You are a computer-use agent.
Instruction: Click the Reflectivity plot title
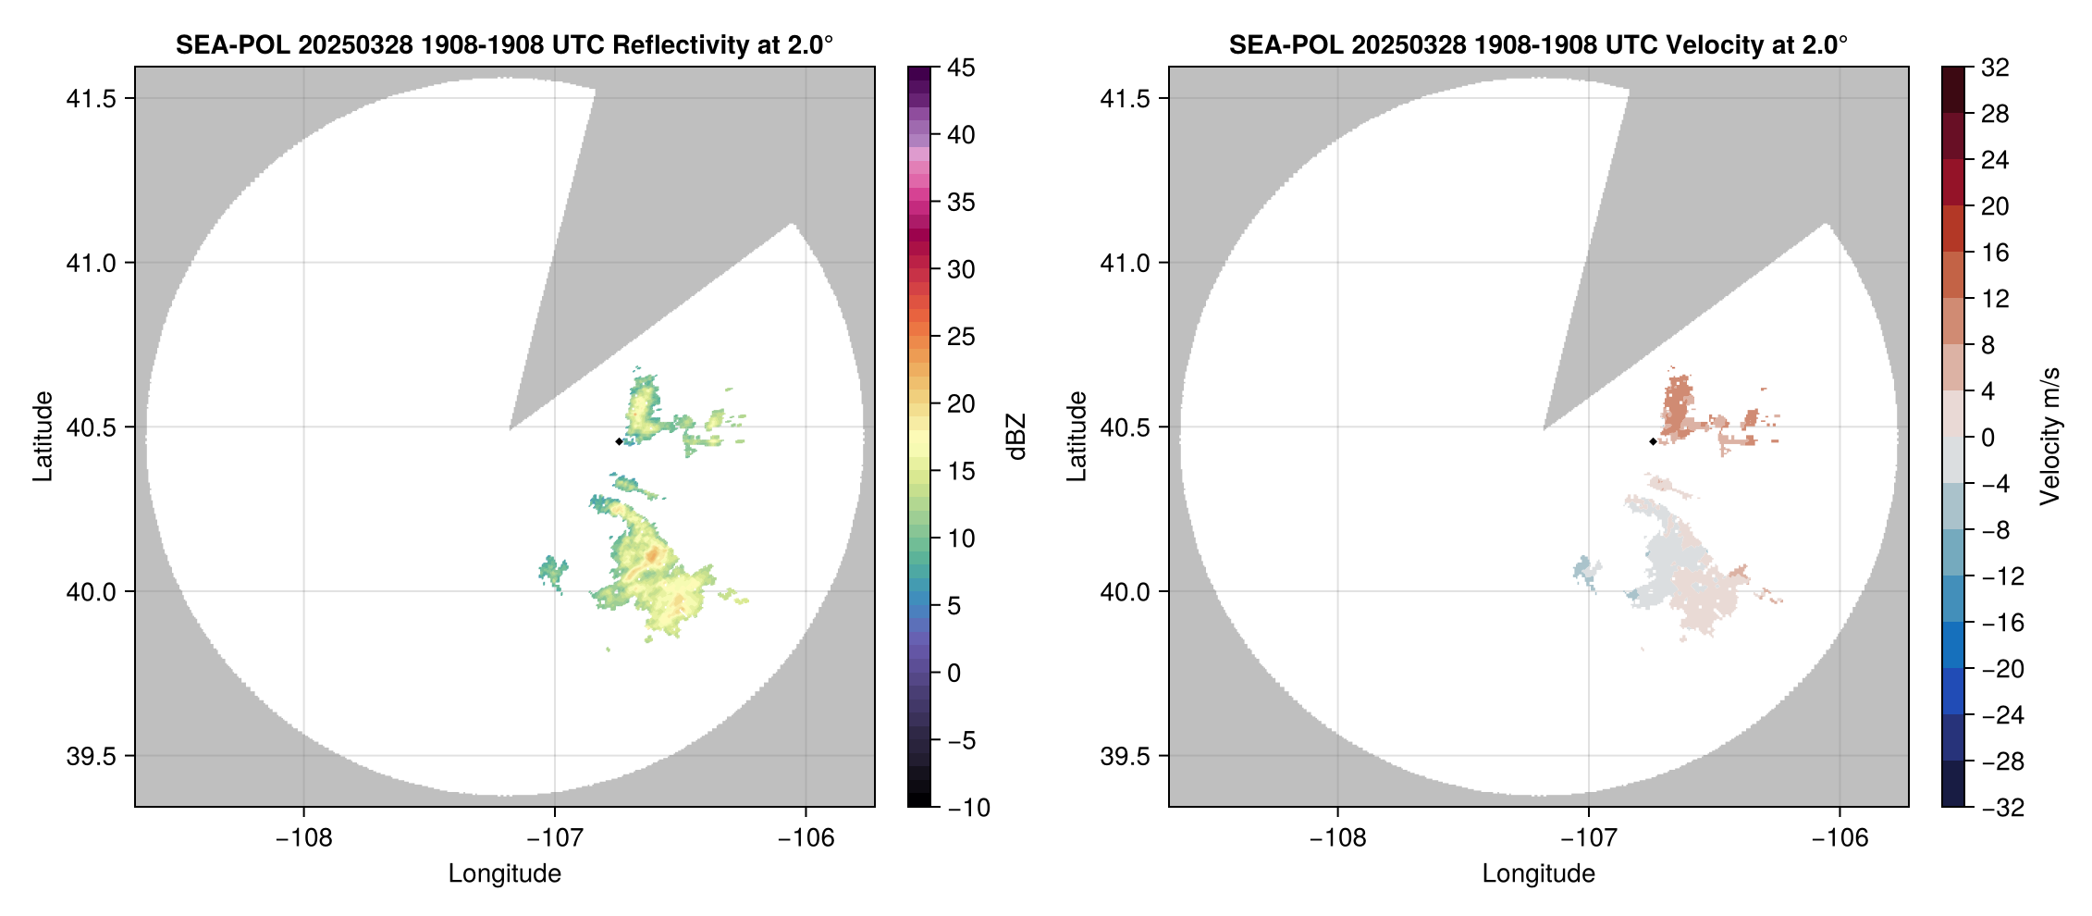[x=504, y=44]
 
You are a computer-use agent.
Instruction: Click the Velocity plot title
[x=1538, y=44]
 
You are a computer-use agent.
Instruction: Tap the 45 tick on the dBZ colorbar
[x=961, y=68]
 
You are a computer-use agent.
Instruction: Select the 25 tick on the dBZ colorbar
[x=961, y=337]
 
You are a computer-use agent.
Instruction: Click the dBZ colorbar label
[x=1016, y=437]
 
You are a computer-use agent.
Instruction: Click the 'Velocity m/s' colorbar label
[x=2050, y=437]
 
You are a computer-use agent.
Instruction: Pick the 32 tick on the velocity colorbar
[x=1995, y=68]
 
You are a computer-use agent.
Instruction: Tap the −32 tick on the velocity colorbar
[x=2002, y=808]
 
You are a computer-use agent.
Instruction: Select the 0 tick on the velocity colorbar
[x=1987, y=438]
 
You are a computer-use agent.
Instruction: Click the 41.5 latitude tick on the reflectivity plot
[x=91, y=99]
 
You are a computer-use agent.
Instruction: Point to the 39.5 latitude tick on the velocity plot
[x=1125, y=756]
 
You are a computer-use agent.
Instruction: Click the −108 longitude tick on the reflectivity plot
[x=303, y=838]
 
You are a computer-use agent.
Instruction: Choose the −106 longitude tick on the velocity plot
[x=1840, y=838]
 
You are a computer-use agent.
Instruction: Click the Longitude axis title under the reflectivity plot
[x=504, y=873]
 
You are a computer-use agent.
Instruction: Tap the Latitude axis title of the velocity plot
[x=1076, y=437]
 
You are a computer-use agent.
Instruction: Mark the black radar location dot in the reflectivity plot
[x=619, y=441]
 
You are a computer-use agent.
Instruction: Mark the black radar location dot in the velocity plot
[x=1653, y=441]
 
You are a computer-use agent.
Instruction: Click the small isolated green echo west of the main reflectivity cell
[x=553, y=571]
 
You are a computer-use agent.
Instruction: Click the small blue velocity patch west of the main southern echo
[x=1585, y=570]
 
